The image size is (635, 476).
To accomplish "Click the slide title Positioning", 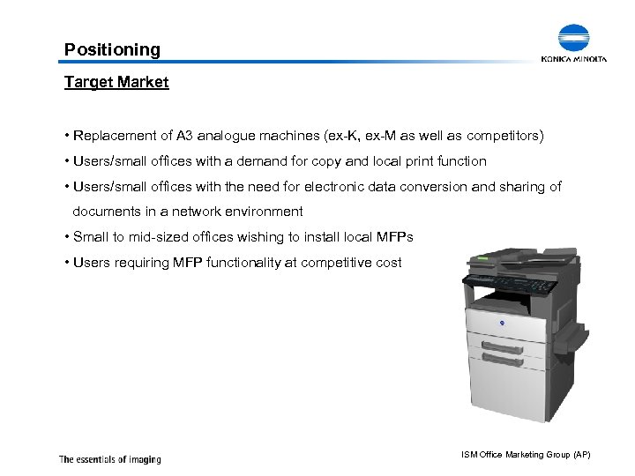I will [113, 49].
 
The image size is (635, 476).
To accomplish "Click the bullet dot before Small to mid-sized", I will [67, 237].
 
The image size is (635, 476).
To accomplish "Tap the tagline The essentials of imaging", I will [109, 458].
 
